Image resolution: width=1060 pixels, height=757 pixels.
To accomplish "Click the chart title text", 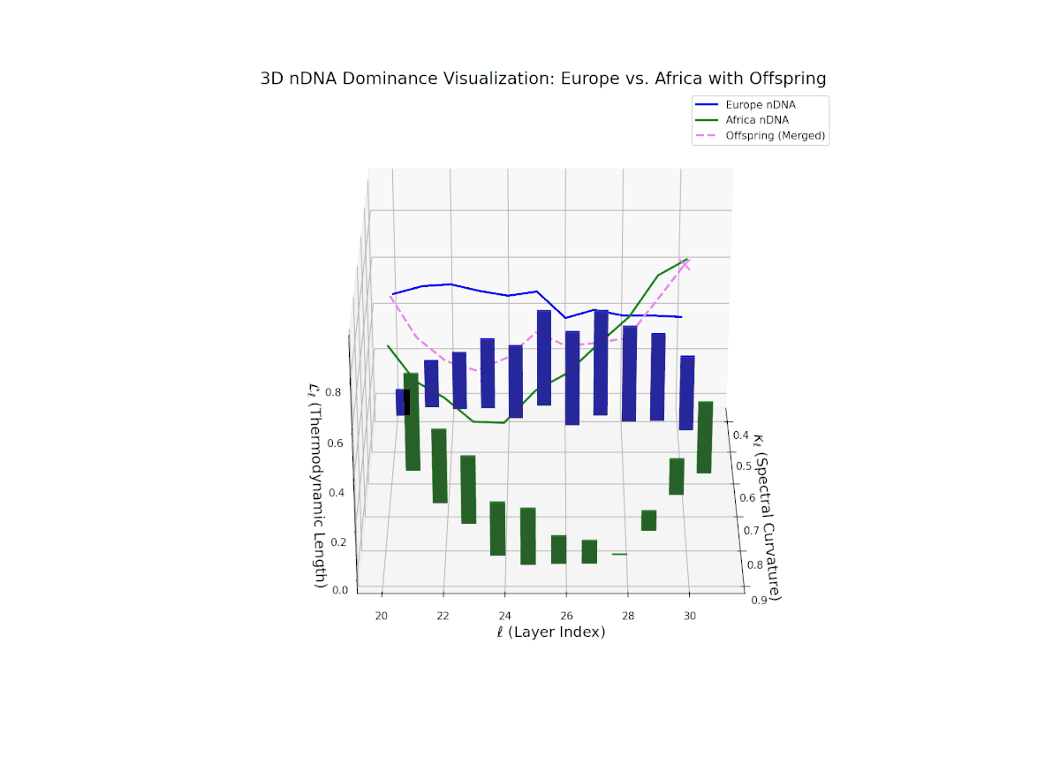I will [x=543, y=79].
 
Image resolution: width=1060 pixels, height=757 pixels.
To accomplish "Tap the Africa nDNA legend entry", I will [x=757, y=119].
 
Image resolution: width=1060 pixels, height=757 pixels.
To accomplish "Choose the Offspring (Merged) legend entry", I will [x=775, y=135].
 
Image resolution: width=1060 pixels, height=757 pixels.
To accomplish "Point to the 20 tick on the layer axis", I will [x=382, y=615].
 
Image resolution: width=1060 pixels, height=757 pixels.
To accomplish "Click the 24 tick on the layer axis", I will [x=504, y=615].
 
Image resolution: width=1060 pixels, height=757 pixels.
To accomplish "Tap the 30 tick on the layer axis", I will [x=689, y=615].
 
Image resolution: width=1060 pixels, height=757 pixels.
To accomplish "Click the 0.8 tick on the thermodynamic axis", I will [x=337, y=391].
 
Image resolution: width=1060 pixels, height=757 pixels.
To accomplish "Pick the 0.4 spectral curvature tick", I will [x=741, y=435].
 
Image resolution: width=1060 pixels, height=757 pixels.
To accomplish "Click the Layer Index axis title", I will [x=538, y=632].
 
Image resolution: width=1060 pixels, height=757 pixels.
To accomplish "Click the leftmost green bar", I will [x=412, y=421].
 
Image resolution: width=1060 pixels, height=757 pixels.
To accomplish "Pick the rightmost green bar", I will [x=704, y=437].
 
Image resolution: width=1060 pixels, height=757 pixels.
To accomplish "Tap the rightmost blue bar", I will [x=686, y=393].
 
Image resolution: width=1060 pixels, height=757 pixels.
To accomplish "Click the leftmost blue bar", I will [x=401, y=402].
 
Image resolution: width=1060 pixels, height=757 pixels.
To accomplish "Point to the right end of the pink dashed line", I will [x=688, y=264].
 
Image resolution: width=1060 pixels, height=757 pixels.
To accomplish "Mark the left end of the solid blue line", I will [x=393, y=294].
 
